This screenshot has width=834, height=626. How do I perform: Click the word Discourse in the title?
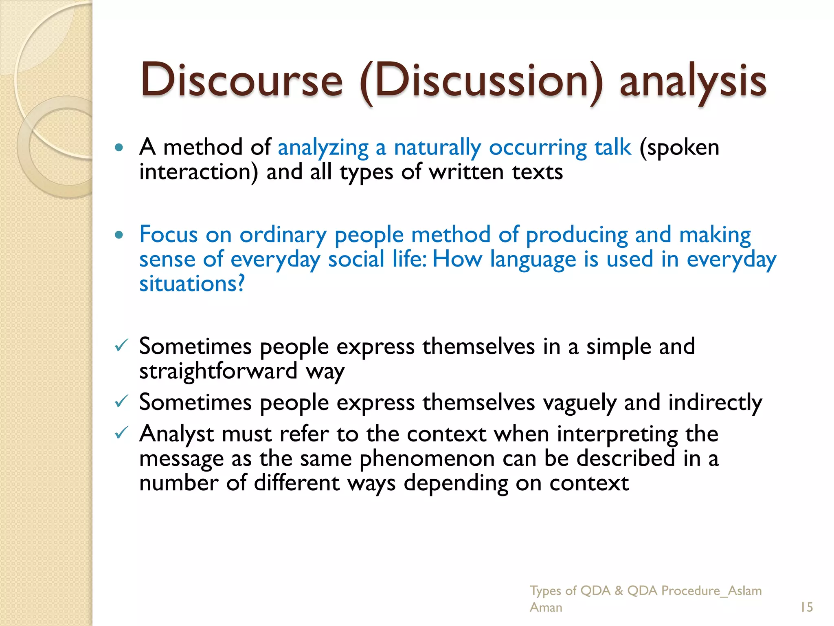click(241, 80)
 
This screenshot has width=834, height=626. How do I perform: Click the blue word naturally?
click(437, 148)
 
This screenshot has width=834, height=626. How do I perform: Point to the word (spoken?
click(679, 148)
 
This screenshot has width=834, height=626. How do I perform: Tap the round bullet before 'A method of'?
click(119, 148)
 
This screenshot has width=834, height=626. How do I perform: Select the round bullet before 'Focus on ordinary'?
click(119, 235)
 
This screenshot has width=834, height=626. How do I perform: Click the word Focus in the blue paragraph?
click(169, 235)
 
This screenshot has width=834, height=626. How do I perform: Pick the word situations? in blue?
click(192, 284)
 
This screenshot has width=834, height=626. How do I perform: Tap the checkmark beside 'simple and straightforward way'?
click(121, 346)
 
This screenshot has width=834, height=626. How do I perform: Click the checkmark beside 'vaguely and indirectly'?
click(121, 402)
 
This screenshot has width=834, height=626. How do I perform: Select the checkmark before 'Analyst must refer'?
click(121, 433)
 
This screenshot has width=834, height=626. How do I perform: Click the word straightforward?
click(218, 371)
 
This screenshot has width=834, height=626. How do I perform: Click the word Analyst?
click(176, 434)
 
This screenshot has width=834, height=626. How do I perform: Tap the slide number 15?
click(806, 607)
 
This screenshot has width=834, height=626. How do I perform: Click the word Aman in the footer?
click(546, 608)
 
